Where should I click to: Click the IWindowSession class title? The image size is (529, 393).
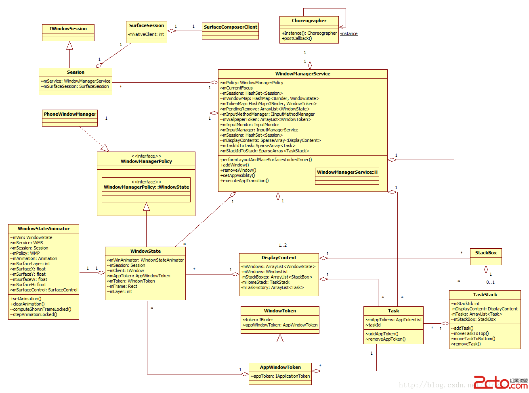click(x=68, y=29)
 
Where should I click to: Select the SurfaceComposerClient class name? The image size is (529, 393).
click(x=230, y=27)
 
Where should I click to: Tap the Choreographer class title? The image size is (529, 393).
click(x=309, y=21)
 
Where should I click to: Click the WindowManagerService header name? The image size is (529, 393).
click(x=302, y=74)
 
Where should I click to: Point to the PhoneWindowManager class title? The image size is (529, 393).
click(x=70, y=114)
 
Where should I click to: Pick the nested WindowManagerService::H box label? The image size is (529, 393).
click(x=347, y=172)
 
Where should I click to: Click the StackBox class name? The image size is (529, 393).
click(x=486, y=253)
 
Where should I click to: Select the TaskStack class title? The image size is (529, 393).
click(x=485, y=295)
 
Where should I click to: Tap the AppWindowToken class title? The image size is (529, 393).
click(x=280, y=367)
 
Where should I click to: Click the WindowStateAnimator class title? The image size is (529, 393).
click(x=44, y=229)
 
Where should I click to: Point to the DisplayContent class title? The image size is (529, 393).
click(x=279, y=258)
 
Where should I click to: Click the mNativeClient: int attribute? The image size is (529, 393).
click(x=146, y=35)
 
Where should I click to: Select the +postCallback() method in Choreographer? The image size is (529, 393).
click(x=297, y=39)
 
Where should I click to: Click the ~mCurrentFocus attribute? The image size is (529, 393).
click(x=237, y=88)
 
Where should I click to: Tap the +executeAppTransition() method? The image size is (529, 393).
click(x=244, y=181)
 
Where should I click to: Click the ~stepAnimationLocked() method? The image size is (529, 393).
click(x=34, y=314)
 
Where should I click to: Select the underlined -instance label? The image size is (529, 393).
click(x=349, y=33)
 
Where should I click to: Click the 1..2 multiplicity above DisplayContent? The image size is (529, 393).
click(x=283, y=245)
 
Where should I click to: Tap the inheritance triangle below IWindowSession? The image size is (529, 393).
click(x=69, y=45)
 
